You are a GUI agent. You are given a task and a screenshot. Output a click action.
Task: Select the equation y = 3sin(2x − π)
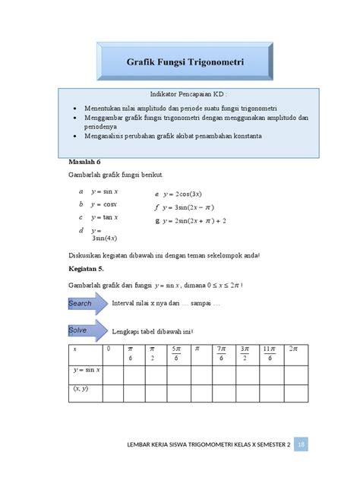[192, 207]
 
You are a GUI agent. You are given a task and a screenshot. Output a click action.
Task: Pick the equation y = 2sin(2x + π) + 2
[197, 221]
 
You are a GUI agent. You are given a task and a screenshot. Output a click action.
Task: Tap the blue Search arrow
[83, 304]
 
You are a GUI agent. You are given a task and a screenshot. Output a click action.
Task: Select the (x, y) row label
[81, 389]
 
